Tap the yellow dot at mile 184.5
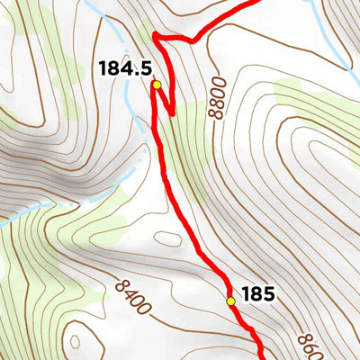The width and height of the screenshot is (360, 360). point(156,85)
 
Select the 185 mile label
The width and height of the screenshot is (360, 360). point(256,293)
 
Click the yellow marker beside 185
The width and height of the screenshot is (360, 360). point(230,301)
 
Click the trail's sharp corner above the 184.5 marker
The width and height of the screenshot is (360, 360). point(156,37)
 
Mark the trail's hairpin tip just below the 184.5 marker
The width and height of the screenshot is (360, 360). point(168,114)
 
